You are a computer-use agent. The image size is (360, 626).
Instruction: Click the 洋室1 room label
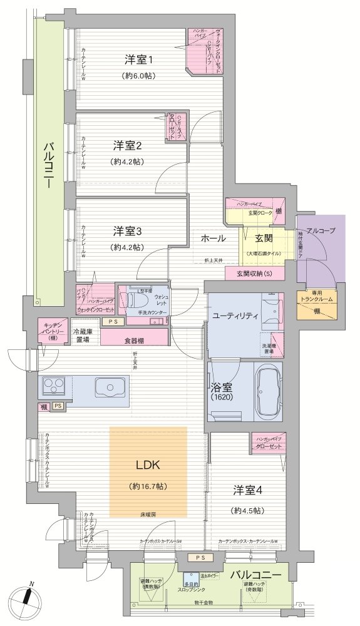point(139,60)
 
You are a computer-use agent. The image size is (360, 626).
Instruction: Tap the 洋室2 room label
point(128,146)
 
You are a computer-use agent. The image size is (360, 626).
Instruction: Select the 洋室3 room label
point(128,231)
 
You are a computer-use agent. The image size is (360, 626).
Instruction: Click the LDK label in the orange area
point(148,465)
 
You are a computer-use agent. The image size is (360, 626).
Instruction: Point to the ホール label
point(213,239)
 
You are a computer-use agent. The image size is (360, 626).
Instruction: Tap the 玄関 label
point(263,239)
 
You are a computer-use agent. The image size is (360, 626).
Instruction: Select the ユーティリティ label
point(234,316)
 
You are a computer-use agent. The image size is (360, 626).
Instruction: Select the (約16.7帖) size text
point(148,486)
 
